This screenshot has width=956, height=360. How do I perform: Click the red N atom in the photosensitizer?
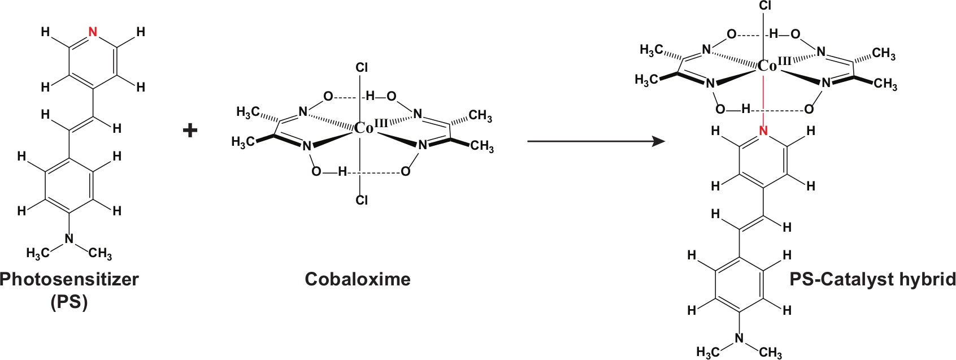tap(93, 32)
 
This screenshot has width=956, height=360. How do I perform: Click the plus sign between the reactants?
tap(190, 131)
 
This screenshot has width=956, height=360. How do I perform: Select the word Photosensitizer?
tap(69, 279)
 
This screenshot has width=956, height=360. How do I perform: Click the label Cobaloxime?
tap(358, 279)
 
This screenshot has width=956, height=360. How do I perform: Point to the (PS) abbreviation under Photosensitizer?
tap(69, 302)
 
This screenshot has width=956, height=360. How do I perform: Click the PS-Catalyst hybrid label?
tap(872, 279)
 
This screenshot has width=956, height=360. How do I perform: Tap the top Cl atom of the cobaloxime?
tap(362, 68)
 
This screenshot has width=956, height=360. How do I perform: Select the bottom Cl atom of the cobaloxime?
tap(362, 200)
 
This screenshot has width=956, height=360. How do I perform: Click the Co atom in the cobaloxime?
tap(363, 129)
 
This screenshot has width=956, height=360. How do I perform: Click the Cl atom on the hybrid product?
tap(764, 6)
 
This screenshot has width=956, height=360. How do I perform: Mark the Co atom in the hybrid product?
tap(767, 66)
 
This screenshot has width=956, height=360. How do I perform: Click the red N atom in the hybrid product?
tap(763, 132)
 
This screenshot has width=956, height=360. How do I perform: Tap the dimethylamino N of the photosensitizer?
tap(69, 239)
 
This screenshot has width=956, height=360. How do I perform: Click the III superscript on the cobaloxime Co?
tap(381, 123)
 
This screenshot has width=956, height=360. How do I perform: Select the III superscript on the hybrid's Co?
tap(785, 60)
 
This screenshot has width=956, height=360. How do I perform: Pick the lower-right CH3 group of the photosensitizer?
tap(100, 254)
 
